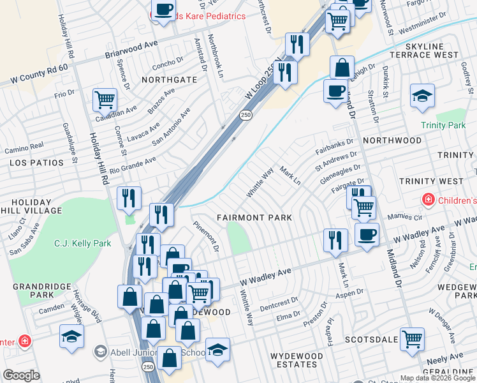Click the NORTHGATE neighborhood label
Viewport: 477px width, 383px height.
pos(169,80)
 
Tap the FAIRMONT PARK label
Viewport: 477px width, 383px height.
pos(254,218)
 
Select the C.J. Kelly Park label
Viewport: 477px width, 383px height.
pos(83,243)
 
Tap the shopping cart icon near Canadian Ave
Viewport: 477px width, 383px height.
pos(105,100)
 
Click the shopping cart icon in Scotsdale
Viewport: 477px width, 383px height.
pos(413,338)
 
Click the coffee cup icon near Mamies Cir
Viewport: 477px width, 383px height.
pos(367,235)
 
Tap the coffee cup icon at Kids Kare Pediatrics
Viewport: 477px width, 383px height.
pos(163,10)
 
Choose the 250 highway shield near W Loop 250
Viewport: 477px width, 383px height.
pos(245,115)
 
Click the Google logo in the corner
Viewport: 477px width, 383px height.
pos(21,375)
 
